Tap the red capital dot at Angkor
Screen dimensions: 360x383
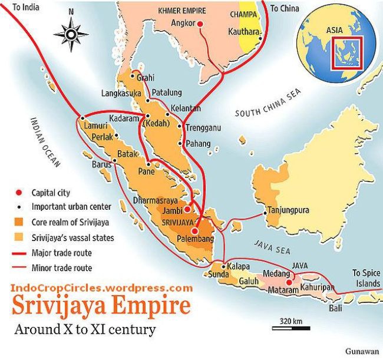(x=199, y=24)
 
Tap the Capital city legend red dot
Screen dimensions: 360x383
(x=19, y=192)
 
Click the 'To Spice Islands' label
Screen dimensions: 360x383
(x=365, y=278)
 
